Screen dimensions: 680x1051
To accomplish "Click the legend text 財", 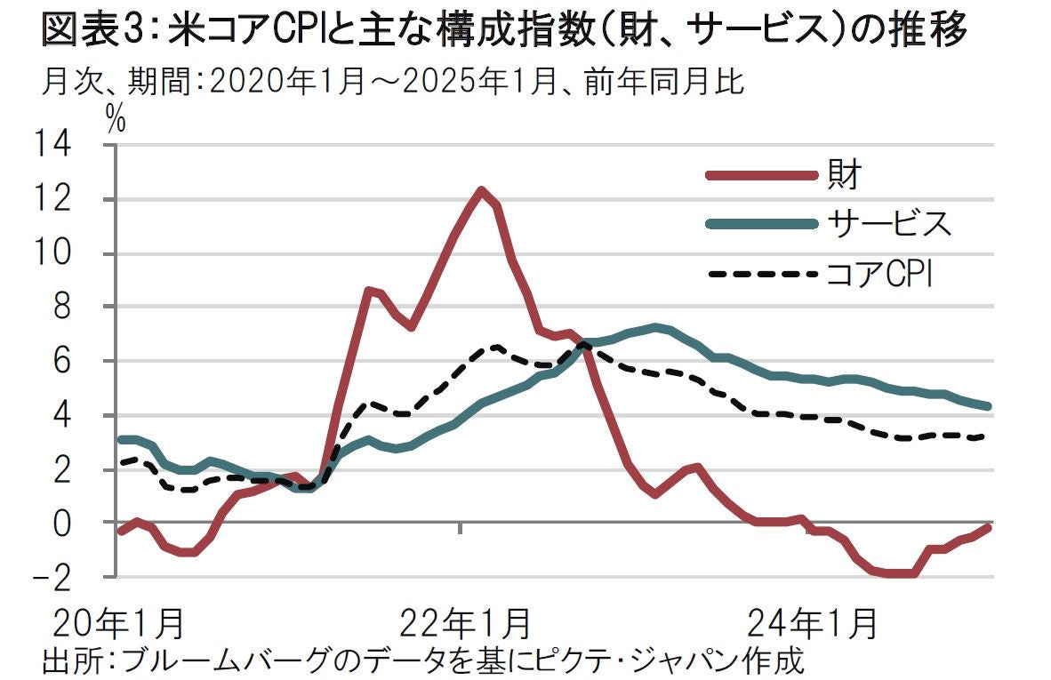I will point(844,174).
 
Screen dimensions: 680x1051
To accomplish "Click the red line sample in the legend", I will point(760,175).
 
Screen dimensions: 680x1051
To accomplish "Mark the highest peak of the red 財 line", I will point(481,189).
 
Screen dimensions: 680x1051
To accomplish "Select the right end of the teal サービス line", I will point(988,406).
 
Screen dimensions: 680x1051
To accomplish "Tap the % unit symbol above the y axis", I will point(116,122).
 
